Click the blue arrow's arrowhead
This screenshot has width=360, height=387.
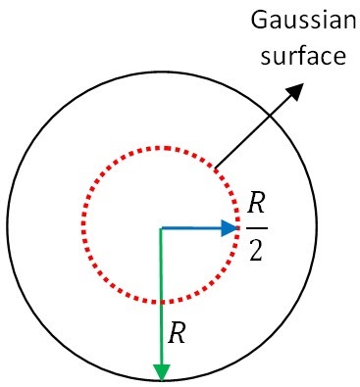coord(231,228)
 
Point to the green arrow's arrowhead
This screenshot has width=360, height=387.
coord(161,371)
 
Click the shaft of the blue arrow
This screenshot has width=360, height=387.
coord(191,228)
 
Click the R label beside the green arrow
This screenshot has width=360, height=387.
coord(178,334)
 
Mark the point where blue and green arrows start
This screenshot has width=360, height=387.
coord(161,228)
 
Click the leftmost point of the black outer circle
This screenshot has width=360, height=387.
coord(8,227)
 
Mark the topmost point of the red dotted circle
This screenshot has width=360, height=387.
coord(161,148)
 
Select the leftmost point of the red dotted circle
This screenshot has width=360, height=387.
coord(81,227)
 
